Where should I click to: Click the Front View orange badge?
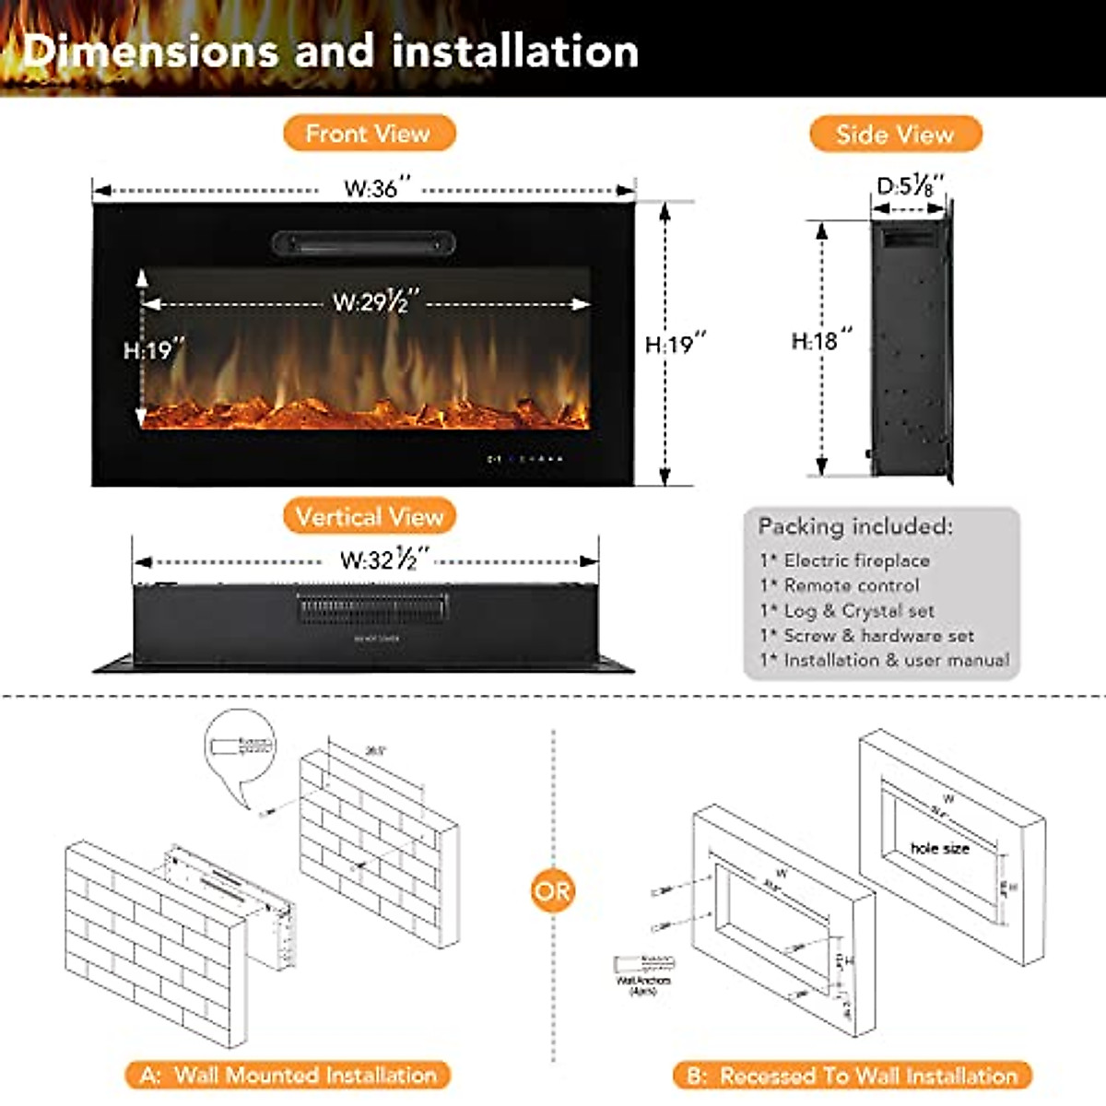click(x=369, y=134)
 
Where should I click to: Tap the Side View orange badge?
click(x=895, y=135)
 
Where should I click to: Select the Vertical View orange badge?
click(x=370, y=516)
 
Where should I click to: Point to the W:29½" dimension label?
click(x=376, y=301)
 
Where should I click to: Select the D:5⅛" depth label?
click(x=910, y=186)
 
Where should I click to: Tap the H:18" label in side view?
click(x=821, y=341)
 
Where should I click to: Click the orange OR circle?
click(x=552, y=891)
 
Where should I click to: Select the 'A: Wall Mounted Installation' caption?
click(x=288, y=1075)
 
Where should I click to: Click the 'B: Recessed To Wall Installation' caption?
click(x=853, y=1076)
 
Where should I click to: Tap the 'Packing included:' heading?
click(x=855, y=526)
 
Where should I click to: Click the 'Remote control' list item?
click(x=851, y=585)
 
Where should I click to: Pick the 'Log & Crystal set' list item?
click(x=858, y=610)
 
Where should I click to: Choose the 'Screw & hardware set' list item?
click(x=877, y=635)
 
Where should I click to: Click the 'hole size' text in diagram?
click(x=939, y=848)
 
